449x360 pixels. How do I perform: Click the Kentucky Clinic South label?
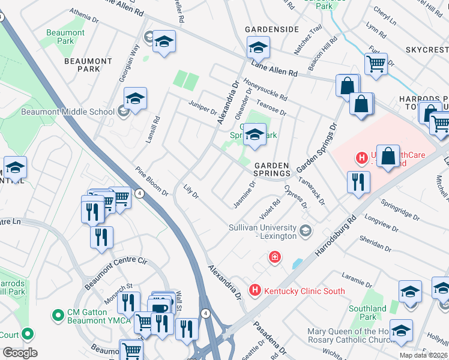[x=304, y=291]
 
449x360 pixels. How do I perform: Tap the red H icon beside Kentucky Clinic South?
[x=255, y=290]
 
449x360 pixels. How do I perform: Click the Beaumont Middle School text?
[x=67, y=112]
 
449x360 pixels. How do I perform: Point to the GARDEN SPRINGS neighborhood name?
[x=271, y=170]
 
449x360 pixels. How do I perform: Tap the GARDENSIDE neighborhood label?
[x=271, y=29]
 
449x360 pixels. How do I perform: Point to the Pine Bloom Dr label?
[x=151, y=181]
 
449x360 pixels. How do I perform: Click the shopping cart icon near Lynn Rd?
[x=376, y=62]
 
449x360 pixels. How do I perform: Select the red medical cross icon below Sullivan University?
[x=274, y=257]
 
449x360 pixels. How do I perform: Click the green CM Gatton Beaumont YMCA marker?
[x=58, y=314]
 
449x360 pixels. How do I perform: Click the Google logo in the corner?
[x=20, y=353]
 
